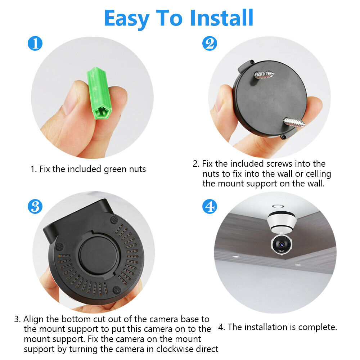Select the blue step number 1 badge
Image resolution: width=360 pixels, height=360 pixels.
[x=35, y=44]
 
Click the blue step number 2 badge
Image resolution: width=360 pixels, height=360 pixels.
[x=210, y=44]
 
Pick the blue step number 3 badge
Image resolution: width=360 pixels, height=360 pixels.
[x=35, y=206]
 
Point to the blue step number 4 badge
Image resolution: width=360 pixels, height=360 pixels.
[x=210, y=206]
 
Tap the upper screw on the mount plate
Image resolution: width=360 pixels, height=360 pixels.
[x=264, y=75]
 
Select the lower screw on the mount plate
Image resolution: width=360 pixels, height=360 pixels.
[x=294, y=123]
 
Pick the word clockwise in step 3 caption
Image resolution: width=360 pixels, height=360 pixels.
[x=162, y=349]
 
